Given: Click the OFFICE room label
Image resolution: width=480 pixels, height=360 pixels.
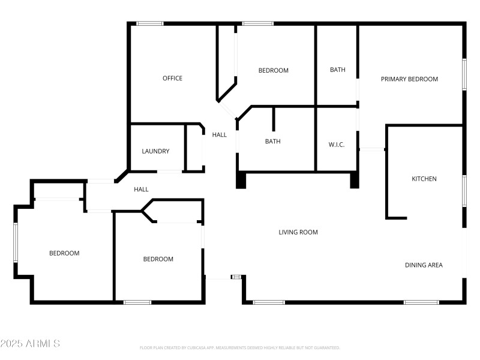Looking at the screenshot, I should click(172, 79).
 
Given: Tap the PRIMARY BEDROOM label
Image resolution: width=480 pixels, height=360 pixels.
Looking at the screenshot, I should click(409, 79).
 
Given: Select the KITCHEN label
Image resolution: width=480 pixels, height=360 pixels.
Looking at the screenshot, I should click(424, 179).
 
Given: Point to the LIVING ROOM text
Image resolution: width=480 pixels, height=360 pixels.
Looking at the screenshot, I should click(298, 232).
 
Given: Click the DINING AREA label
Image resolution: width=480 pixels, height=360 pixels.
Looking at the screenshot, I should click(424, 265).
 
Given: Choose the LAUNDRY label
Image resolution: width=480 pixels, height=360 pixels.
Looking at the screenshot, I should click(155, 151).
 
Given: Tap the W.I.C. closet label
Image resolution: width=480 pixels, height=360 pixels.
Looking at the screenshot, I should click(336, 145).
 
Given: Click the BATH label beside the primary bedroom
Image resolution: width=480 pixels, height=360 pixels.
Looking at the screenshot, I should click(337, 70).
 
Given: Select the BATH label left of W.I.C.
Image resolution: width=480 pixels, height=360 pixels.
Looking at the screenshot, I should click(273, 142).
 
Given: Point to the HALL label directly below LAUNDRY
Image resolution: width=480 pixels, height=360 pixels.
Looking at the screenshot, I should click(141, 190).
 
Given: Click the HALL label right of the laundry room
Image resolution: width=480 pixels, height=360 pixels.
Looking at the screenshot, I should click(220, 135).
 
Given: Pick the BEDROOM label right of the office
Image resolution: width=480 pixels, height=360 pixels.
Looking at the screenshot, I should click(273, 71).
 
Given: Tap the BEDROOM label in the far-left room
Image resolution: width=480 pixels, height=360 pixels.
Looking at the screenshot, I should click(64, 253).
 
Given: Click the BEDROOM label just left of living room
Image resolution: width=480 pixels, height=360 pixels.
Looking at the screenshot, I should click(158, 259).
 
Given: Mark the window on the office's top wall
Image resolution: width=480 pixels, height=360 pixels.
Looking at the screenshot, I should click(149, 23).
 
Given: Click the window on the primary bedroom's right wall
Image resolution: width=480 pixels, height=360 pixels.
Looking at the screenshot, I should click(464, 74).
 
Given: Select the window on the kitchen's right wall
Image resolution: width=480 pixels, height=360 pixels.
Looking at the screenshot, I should click(464, 191).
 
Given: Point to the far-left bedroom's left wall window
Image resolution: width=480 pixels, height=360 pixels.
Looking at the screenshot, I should click(16, 242).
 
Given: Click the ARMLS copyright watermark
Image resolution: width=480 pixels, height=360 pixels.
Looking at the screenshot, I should click(30, 344).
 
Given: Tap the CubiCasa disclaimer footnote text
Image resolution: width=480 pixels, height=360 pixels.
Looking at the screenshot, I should click(240, 347).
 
